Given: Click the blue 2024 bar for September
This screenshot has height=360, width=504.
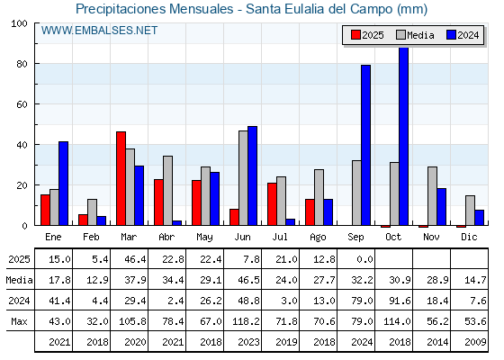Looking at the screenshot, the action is [x=365, y=145].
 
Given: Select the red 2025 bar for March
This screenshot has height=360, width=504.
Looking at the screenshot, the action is [x=121, y=178].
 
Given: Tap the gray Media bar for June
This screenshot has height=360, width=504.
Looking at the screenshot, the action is [x=243, y=178].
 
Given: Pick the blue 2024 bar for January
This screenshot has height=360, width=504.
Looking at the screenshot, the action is [x=63, y=184].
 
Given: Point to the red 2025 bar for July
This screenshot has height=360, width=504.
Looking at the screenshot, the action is [x=272, y=204].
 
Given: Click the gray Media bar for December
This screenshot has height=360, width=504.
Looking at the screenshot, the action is [x=470, y=211].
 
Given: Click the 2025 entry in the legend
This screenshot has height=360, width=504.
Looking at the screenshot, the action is [x=367, y=35].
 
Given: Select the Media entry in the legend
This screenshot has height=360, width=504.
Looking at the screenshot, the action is [x=415, y=35].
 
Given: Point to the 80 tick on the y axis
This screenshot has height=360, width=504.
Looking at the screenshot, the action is [x=37, y=64].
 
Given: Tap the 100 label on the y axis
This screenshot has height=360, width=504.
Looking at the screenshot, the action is [x=19, y=23].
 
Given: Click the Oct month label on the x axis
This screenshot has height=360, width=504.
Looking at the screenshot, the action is [x=393, y=238].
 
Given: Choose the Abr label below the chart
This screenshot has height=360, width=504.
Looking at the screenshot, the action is [x=166, y=238].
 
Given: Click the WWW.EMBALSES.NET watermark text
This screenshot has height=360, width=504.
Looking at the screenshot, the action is [x=99, y=31].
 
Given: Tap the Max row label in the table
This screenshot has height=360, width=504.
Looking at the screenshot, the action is [x=19, y=321].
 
